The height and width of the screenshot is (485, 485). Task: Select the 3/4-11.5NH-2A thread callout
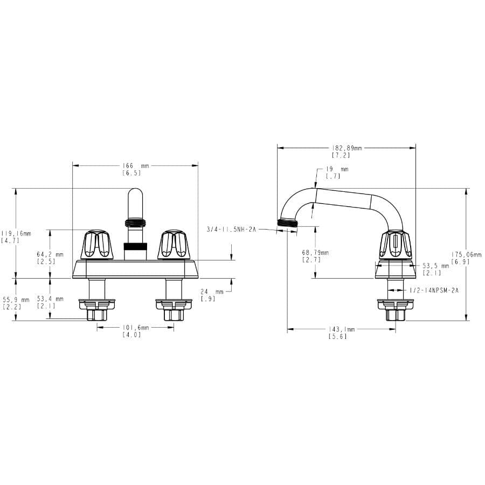[x=231, y=230]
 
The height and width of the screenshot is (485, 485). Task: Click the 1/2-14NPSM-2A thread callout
[x=434, y=290]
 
